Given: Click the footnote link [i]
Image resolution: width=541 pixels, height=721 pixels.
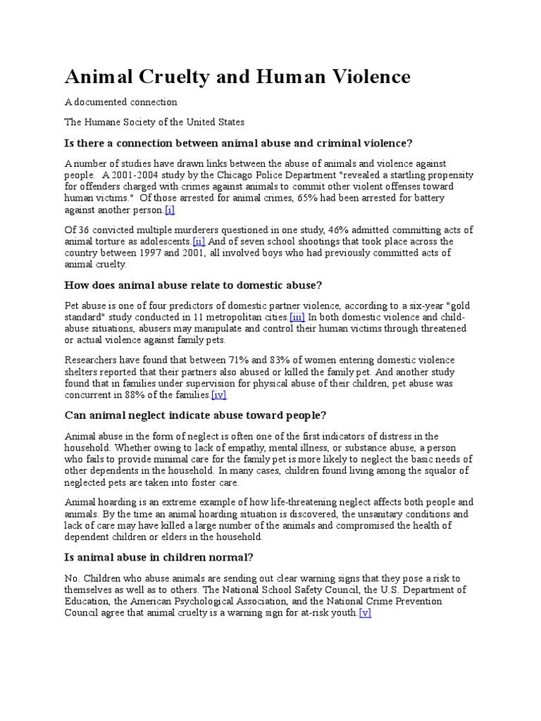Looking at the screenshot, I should pyautogui.click(x=169, y=210).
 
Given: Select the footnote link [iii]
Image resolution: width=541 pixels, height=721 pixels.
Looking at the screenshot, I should pyautogui.click(x=297, y=318).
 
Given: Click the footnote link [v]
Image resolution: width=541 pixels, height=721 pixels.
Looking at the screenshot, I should pyautogui.click(x=364, y=613).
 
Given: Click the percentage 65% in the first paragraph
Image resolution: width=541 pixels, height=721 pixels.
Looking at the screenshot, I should pyautogui.click(x=280, y=198).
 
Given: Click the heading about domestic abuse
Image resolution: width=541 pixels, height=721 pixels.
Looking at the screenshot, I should pyautogui.click(x=193, y=285).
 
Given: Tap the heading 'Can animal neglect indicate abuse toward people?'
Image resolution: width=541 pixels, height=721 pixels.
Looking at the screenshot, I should pyautogui.click(x=195, y=415).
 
